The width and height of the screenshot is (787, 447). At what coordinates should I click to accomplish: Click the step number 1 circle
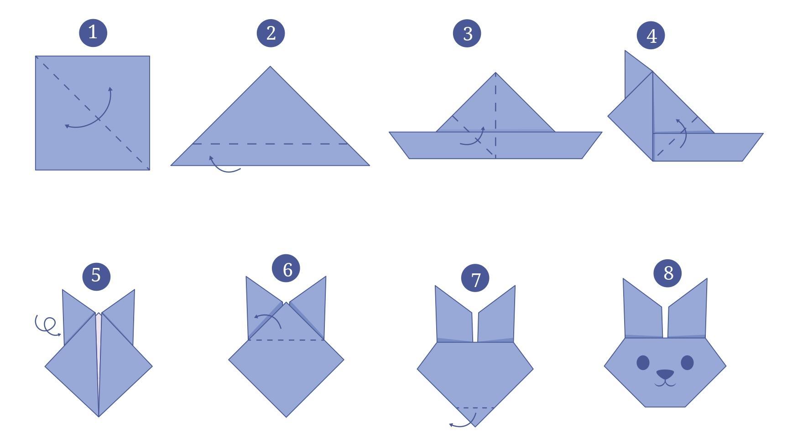(93, 33)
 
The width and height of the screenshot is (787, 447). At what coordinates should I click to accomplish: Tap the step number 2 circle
(271, 33)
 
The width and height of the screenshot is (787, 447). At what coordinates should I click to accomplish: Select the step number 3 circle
(467, 33)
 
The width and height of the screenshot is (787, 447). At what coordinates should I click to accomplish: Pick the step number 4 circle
(651, 36)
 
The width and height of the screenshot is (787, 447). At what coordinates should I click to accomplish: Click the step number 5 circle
(96, 275)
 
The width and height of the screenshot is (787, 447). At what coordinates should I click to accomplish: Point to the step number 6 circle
(286, 269)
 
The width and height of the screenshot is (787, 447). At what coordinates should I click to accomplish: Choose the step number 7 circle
(475, 279)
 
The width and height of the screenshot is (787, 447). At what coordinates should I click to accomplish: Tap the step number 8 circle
(667, 273)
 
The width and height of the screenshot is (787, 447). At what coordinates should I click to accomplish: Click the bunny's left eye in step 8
(643, 363)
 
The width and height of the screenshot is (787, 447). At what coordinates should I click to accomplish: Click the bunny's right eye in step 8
(687, 363)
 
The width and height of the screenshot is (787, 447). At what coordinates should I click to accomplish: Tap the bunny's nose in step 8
(665, 375)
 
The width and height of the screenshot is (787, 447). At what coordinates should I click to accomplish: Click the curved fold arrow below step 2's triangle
(224, 166)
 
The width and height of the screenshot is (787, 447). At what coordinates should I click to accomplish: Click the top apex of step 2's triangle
(270, 68)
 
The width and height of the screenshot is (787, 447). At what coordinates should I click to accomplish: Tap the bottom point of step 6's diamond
(286, 416)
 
